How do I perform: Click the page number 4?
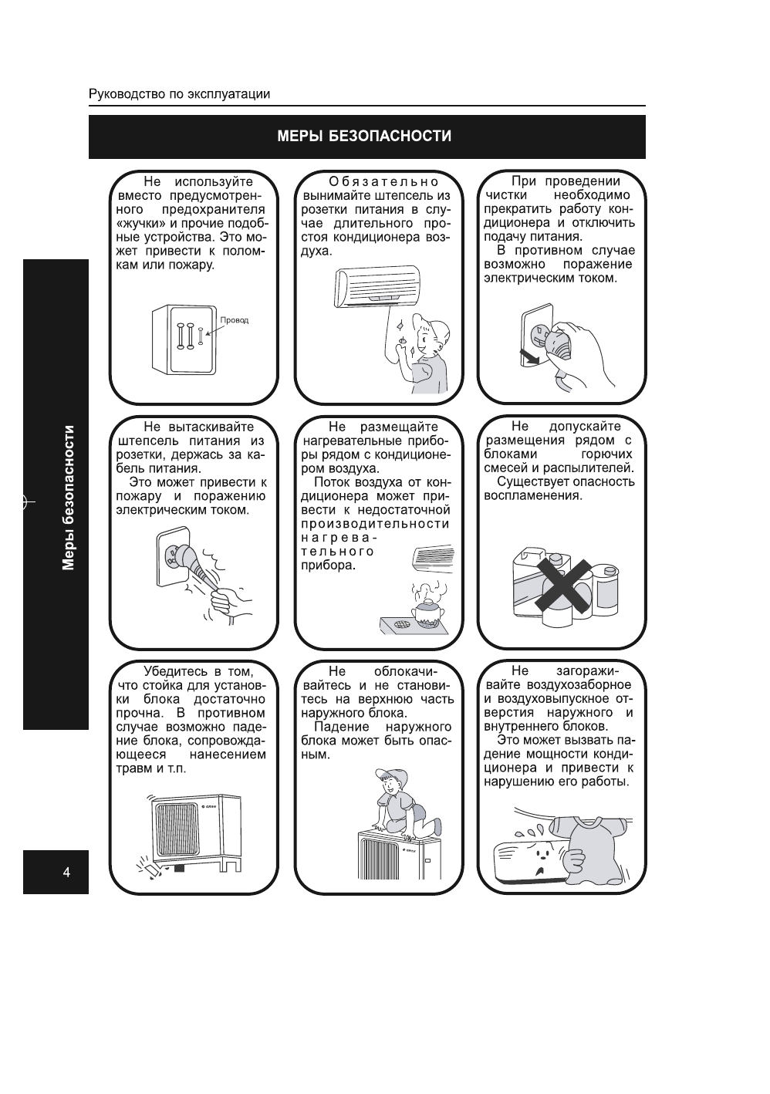point(66,873)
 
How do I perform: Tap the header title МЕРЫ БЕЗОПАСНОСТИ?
point(365,137)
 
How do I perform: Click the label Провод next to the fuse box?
point(235,320)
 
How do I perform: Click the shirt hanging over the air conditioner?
point(590,849)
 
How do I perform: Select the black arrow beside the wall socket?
point(529,356)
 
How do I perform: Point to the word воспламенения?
point(533,495)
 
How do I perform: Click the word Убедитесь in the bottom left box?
point(176,671)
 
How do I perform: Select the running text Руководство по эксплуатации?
point(180,94)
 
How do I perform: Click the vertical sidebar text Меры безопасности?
point(69,498)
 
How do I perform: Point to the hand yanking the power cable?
point(228,598)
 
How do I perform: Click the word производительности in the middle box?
point(375,524)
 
